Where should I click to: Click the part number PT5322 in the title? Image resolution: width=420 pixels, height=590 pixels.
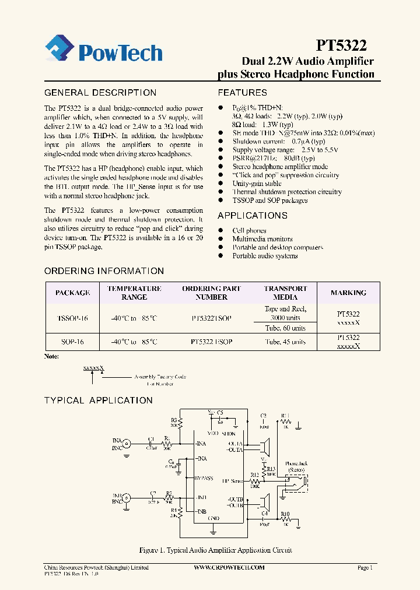point(342,45)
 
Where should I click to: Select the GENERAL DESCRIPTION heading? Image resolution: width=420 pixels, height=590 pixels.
point(100,93)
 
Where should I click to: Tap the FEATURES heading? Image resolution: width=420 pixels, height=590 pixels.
point(242,93)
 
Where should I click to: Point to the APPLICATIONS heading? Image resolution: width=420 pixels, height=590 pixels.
point(253,215)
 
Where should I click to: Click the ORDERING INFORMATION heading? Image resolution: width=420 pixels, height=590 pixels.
point(104,271)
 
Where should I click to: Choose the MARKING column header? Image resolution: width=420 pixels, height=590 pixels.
point(348,293)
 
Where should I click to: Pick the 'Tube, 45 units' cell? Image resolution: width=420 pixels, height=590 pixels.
point(285,342)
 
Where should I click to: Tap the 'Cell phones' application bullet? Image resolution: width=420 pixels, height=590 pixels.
point(249,231)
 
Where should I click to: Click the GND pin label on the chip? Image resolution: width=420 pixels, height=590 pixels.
point(215,518)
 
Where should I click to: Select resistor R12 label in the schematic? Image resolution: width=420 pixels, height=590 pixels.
point(254,475)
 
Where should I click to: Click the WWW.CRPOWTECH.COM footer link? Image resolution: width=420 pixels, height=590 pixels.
point(229,567)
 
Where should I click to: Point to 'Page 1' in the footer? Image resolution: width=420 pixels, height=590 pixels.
point(365,567)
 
